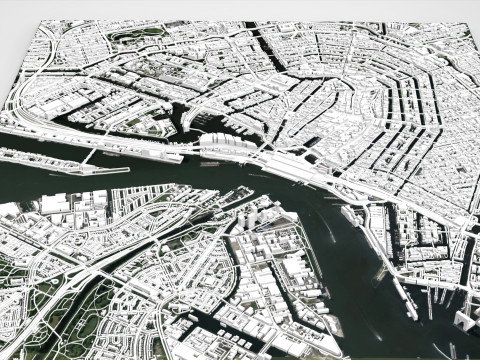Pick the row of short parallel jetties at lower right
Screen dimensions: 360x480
pos(440,300)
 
